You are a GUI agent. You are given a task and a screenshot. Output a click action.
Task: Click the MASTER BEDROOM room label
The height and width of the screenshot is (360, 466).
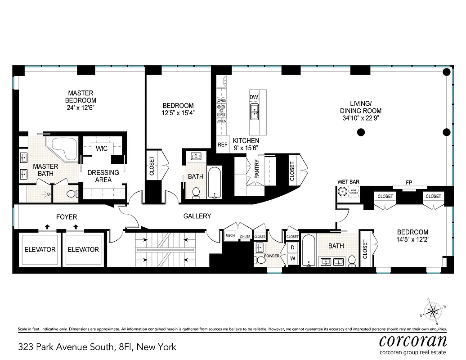81,100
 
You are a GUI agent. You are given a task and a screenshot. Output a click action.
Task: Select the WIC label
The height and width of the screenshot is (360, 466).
102,148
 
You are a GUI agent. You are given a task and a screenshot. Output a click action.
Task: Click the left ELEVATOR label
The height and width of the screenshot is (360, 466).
40,250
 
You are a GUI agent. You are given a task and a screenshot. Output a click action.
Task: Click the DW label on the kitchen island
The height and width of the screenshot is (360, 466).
254,97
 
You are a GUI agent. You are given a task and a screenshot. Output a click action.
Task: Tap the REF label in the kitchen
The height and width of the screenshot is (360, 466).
222,145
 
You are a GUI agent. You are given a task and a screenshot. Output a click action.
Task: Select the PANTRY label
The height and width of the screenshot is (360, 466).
257,170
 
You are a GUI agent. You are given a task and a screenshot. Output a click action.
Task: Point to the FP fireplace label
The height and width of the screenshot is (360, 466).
409,183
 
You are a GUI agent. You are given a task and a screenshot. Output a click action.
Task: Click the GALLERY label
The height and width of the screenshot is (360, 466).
197,216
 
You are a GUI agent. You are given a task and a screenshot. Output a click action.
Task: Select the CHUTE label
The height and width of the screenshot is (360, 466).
245,237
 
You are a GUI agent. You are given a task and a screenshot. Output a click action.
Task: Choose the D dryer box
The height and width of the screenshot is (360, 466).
292,247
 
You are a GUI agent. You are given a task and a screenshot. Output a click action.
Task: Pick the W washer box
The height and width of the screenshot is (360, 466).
292,258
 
